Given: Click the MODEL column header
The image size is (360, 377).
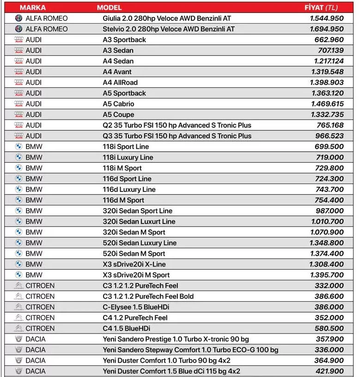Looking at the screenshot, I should [109, 7].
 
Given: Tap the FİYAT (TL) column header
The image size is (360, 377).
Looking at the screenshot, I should [321, 7].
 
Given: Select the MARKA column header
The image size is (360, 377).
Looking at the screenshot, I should [33, 7].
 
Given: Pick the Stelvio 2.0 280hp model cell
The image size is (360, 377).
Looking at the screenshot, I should [169, 29].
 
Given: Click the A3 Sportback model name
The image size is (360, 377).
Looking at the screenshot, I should [124, 40].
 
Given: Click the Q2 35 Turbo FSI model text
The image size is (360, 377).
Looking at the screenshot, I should [177, 125].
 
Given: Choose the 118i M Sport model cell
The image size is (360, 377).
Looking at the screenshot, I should [122, 168].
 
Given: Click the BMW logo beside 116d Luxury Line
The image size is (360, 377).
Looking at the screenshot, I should [18, 189].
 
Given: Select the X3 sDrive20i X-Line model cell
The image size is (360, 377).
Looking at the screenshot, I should [134, 264].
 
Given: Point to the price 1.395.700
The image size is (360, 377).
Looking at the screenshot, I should [327, 275].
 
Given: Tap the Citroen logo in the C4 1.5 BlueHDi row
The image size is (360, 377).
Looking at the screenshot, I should [18, 328].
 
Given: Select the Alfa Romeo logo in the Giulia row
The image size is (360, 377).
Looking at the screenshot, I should [18, 19].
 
